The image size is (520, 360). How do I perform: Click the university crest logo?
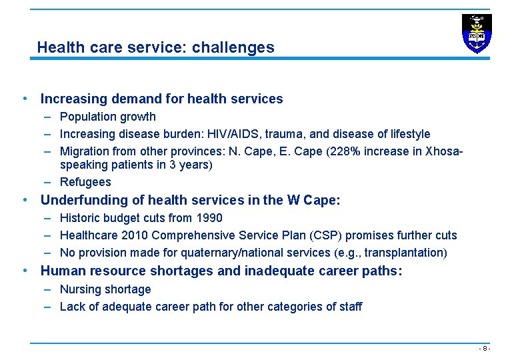coord(476,33)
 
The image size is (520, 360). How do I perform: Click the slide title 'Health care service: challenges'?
coord(155,47)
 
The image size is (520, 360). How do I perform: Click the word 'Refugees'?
coord(85,182)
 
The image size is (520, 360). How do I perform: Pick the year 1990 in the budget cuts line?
coord(209,218)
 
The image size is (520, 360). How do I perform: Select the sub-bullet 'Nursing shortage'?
coord(105,289)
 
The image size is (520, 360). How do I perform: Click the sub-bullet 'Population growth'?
coord(107,117)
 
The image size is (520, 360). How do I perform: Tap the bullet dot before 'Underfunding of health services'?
coord(25,200)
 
